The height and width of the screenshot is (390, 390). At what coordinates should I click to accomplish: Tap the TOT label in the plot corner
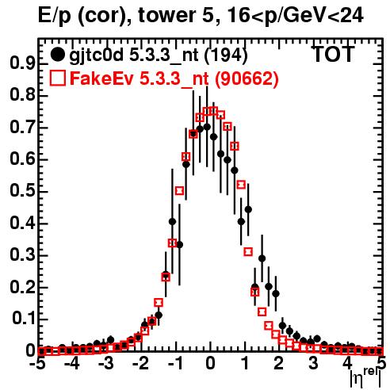click(333, 54)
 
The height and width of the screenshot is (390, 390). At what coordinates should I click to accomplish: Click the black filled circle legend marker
click(57, 55)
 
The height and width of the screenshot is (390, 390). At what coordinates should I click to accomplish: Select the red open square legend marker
click(57, 78)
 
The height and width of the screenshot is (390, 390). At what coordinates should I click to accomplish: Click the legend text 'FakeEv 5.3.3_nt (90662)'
click(174, 78)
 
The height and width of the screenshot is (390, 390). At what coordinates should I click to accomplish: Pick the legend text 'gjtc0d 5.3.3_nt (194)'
click(159, 55)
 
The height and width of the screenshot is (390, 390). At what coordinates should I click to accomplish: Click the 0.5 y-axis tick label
click(22, 191)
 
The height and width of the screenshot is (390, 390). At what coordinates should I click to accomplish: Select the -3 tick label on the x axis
click(106, 364)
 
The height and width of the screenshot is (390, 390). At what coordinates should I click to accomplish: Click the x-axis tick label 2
click(279, 364)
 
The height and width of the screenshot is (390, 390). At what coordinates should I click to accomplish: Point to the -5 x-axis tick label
click(37, 364)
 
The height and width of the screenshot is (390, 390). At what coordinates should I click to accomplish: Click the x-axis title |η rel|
click(365, 378)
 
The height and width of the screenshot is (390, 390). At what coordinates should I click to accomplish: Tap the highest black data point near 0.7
click(207, 127)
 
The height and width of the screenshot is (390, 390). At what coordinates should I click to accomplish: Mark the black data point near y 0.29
click(262, 258)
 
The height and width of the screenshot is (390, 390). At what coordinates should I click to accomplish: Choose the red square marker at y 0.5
click(179, 190)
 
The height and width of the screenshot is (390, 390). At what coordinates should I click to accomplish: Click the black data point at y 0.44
click(248, 209)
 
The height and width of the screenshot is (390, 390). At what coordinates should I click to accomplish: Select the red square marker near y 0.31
click(248, 251)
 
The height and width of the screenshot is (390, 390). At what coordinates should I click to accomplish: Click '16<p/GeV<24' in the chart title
click(295, 16)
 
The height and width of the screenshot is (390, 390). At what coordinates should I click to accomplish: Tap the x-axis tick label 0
click(210, 364)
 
